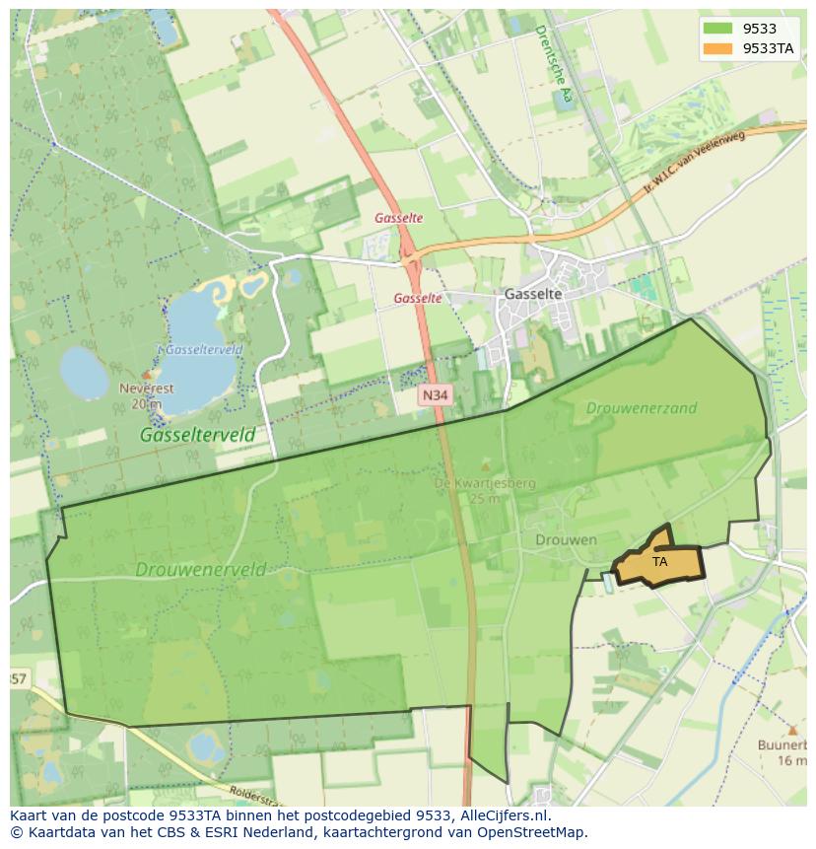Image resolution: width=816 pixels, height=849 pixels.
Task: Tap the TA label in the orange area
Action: click(x=660, y=561)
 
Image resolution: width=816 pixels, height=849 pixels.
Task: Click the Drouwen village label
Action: click(x=567, y=540)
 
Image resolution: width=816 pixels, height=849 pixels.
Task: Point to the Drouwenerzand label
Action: click(x=642, y=407)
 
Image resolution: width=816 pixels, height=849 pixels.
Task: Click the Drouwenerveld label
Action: click(x=201, y=569)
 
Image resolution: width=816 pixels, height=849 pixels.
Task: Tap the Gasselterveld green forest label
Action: click(x=197, y=434)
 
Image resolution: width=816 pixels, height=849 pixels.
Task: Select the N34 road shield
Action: click(x=435, y=395)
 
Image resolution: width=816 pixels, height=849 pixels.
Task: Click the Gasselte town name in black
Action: click(x=532, y=294)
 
